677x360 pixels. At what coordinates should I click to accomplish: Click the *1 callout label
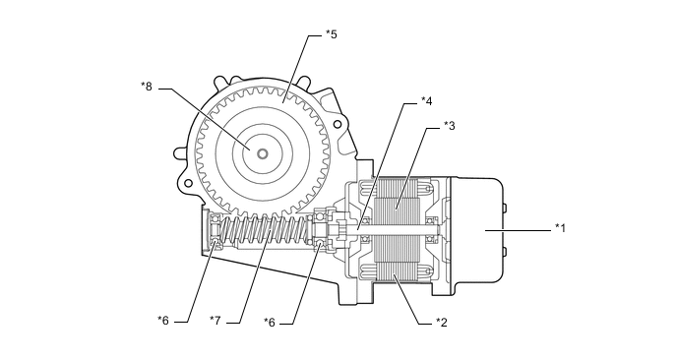coord(560,227)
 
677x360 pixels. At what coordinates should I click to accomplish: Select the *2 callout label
coord(441,322)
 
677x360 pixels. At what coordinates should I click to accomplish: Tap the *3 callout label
coord(449,126)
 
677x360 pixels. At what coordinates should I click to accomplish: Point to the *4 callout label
coord(426,101)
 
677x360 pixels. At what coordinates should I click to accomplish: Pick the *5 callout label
coord(331,34)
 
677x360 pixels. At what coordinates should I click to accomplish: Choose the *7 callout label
coord(215,321)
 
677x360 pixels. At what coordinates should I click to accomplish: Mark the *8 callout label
coord(147,87)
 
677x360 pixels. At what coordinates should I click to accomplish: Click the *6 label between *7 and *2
coord(270,323)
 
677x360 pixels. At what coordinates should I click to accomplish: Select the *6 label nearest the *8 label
coord(163,321)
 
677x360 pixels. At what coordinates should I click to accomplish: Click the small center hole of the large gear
coord(262,153)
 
